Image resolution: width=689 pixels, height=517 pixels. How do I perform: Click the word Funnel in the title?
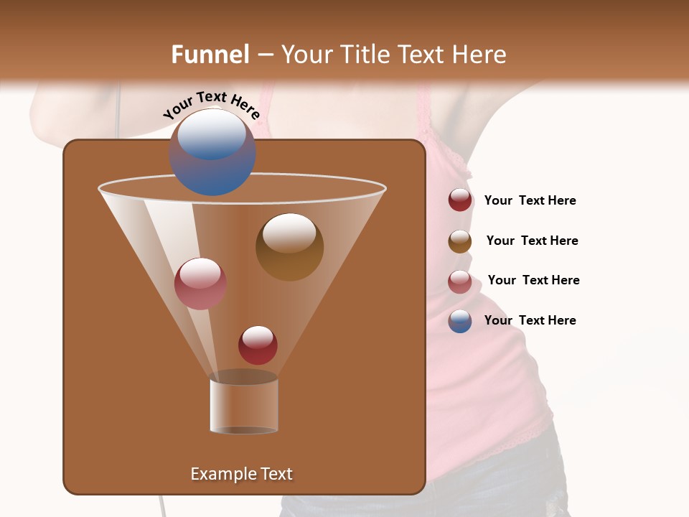pos(210,55)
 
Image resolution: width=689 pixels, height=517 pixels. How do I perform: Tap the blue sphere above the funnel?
pos(212,152)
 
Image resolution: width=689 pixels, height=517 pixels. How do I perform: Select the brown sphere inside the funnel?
pos(289,246)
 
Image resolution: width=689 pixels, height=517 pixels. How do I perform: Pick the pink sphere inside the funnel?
pos(200,284)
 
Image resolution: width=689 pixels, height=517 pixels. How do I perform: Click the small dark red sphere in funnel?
pos(258,345)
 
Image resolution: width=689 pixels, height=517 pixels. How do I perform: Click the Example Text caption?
pos(241,474)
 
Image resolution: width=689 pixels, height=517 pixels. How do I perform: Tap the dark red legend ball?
pos(460,200)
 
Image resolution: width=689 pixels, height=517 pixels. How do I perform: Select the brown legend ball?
pos(460,241)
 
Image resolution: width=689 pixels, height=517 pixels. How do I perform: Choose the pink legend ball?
pos(460,281)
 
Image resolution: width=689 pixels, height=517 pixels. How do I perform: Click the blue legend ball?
pos(460,321)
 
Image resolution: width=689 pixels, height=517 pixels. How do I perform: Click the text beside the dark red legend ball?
pos(530,201)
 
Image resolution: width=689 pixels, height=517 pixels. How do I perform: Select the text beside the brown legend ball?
pos(532,241)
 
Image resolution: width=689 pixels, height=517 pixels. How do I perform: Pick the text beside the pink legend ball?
pos(533,281)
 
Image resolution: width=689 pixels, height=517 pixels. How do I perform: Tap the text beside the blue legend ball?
pos(530,321)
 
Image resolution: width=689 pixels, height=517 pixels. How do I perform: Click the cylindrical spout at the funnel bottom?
pos(244,406)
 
